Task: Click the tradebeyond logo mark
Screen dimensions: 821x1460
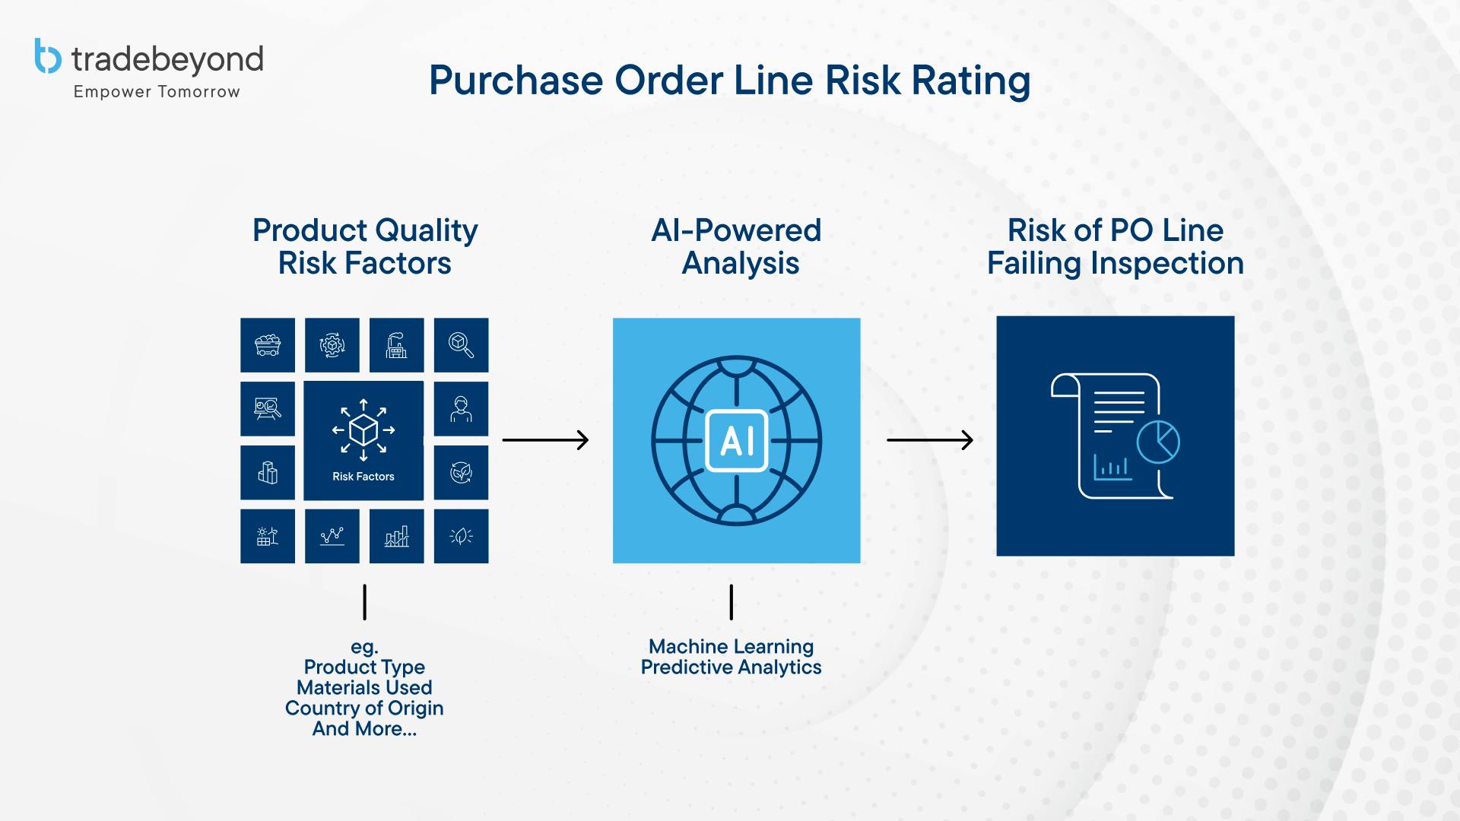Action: [x=48, y=56]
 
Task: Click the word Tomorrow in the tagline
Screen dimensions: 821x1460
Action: [x=198, y=92]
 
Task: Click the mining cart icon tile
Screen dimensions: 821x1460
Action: [x=268, y=345]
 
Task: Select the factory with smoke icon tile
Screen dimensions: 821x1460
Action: [x=396, y=345]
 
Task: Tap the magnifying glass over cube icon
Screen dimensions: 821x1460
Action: [x=461, y=345]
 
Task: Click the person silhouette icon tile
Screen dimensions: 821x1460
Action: [x=461, y=409]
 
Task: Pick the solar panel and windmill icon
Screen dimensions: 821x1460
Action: [x=268, y=536]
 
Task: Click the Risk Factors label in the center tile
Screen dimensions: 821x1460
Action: [x=363, y=477]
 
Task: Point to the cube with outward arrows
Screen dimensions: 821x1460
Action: [x=363, y=430]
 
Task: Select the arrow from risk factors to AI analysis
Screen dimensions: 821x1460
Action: [x=545, y=440]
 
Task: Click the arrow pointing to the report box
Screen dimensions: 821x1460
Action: [x=930, y=440]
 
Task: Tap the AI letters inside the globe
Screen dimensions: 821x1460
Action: [x=736, y=441]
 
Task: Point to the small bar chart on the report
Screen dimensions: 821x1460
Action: [x=1112, y=467]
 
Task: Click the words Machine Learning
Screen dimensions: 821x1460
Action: [x=731, y=647]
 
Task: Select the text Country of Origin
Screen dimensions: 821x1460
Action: [x=364, y=708]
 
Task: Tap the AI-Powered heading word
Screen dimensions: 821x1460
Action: [x=736, y=230]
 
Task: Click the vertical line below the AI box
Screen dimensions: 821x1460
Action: [x=732, y=602]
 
